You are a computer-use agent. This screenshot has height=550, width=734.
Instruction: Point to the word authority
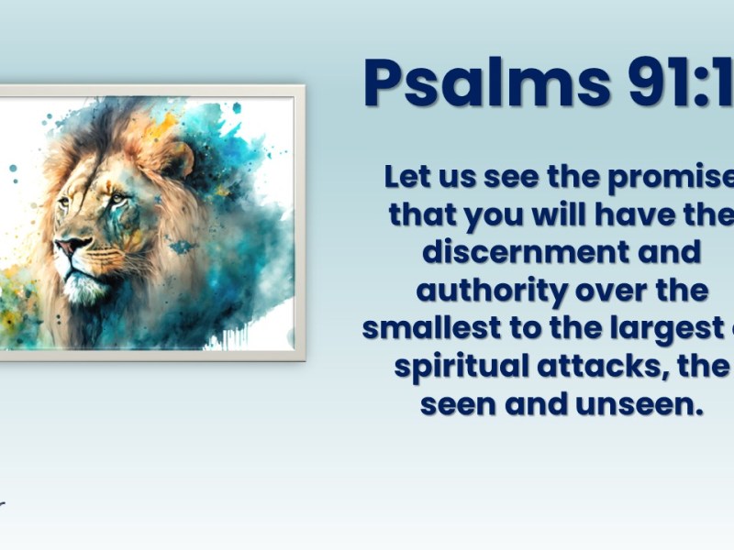[491, 290]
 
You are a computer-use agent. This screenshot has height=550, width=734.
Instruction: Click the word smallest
[428, 327]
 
